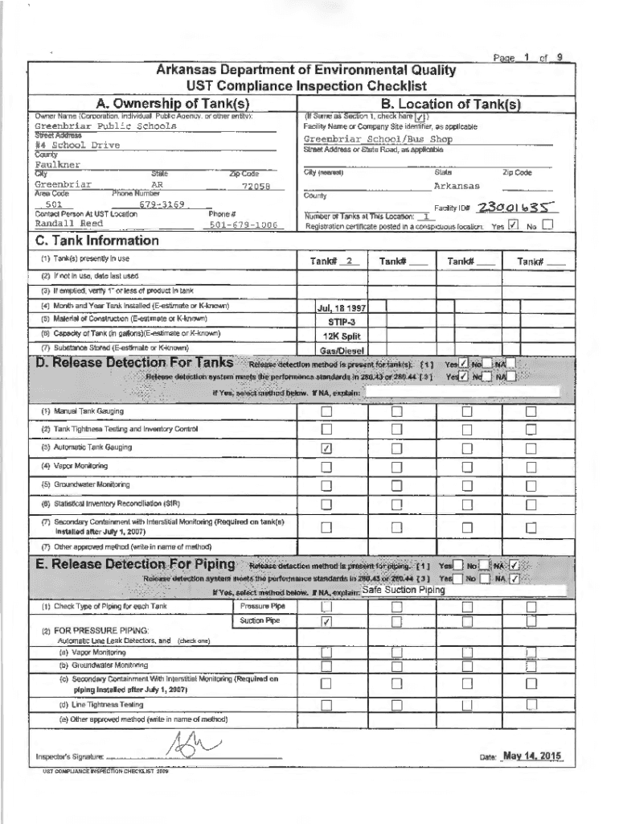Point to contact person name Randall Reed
pyautogui.click(x=68, y=224)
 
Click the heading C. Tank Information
pyautogui.click(x=94, y=241)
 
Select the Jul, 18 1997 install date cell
pyautogui.click(x=343, y=307)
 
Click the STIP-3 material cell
pyautogui.click(x=343, y=321)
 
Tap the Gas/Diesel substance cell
pyautogui.click(x=343, y=351)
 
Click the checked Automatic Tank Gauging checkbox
pyautogui.click(x=326, y=448)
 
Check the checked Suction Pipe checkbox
pyautogui.click(x=326, y=622)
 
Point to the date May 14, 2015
pyautogui.click(x=531, y=756)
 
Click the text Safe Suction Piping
pyautogui.click(x=401, y=590)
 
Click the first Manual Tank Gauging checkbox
pyautogui.click(x=326, y=413)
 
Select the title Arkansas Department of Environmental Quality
pyautogui.click(x=309, y=70)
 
